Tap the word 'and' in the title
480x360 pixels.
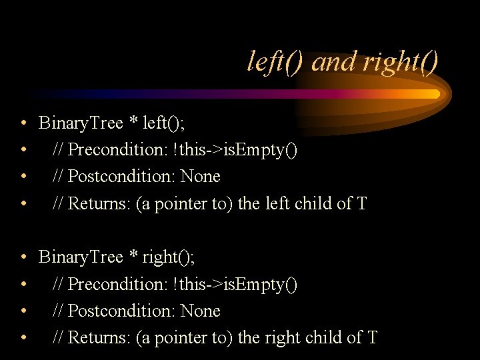pos(334,63)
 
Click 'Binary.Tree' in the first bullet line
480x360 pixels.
pos(81,123)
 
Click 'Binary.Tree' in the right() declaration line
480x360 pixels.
pos(81,257)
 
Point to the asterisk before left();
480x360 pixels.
pos(133,122)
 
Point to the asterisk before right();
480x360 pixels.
pos(133,256)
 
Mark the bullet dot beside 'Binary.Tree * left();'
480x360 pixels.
pos(23,124)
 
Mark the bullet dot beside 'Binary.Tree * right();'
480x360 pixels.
pos(23,258)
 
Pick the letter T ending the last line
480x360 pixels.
pos(372,338)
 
